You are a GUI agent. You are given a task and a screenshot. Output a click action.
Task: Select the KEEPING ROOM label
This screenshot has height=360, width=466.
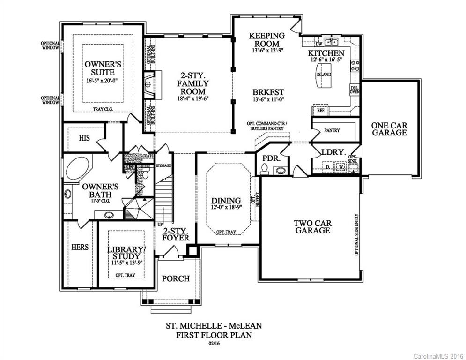pyautogui.click(x=267, y=39)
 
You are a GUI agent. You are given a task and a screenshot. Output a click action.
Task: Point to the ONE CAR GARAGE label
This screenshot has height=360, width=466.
pyautogui.click(x=389, y=129)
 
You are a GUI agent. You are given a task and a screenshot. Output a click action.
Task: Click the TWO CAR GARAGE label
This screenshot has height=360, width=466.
pyautogui.click(x=312, y=226)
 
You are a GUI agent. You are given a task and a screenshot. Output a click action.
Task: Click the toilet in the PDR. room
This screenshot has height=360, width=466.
pyautogui.click(x=264, y=169)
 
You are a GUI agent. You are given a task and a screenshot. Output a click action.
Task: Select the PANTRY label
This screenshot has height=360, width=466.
pyautogui.click(x=332, y=130)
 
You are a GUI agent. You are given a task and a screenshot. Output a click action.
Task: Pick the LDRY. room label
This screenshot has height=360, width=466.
pyautogui.click(x=334, y=152)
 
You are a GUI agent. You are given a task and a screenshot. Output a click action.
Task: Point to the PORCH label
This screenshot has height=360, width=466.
pyautogui.click(x=176, y=278)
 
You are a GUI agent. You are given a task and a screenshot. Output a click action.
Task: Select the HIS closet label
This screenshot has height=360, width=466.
pyautogui.click(x=84, y=138)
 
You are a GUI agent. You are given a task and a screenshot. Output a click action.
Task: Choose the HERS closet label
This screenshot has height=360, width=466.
pyautogui.click(x=80, y=247)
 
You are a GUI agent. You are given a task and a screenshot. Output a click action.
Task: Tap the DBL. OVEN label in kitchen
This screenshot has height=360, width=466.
pyautogui.click(x=355, y=90)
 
